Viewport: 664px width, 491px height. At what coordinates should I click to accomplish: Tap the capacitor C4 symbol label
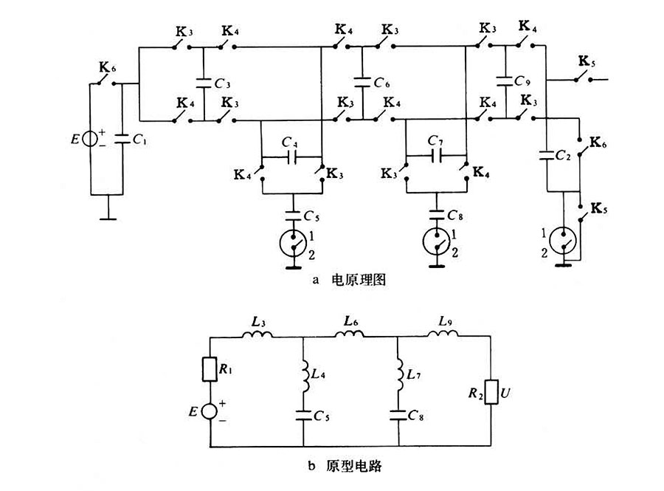pos(291,142)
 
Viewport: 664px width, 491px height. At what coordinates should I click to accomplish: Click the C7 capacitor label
pos(436,141)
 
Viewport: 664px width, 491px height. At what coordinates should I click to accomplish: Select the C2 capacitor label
pos(566,156)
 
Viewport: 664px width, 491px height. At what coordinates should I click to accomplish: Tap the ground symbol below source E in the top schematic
pos(109,214)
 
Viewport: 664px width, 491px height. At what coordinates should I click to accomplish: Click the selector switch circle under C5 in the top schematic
pos(294,242)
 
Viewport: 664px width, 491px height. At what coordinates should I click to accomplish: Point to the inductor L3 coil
pos(257,334)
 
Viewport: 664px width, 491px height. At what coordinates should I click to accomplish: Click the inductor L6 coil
pos(350,334)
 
